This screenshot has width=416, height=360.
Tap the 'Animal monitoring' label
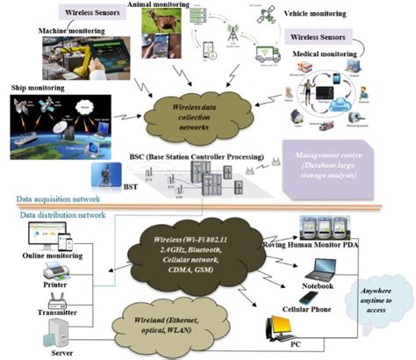pos(157,5)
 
